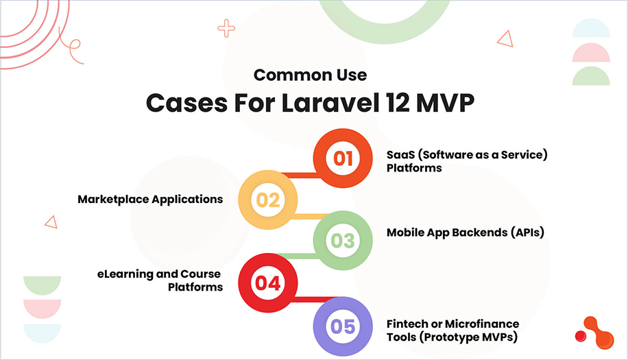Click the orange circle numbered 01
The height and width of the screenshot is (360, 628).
pos(343,159)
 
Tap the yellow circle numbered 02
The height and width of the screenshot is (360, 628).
pos(268,200)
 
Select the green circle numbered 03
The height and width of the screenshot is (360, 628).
pos(343,241)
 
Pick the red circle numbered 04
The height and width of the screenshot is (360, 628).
pos(268,282)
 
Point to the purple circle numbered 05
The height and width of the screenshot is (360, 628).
pos(343,325)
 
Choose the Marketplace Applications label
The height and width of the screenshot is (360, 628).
pos(150,199)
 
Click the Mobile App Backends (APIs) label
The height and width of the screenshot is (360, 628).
pos(465,232)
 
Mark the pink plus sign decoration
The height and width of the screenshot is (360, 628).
pos(226,28)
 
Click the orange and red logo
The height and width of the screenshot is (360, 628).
pos(594,332)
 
